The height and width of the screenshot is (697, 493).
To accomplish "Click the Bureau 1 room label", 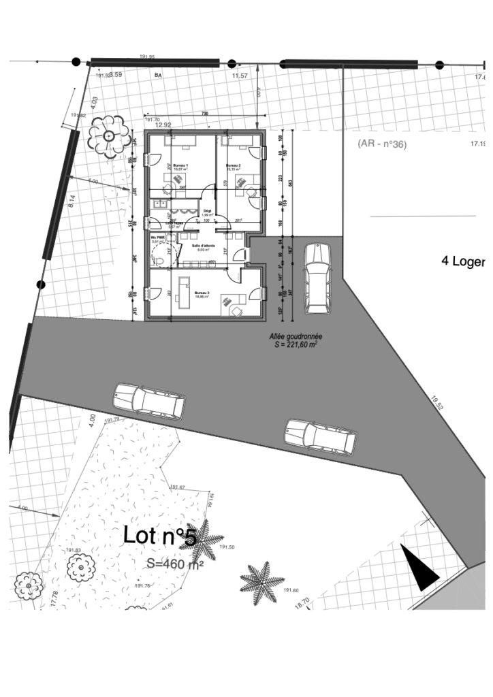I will pyautogui.click(x=180, y=167).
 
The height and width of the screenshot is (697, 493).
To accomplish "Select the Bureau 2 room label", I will pyautogui.click(x=234, y=167).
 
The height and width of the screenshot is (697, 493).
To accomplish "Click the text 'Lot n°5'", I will pyautogui.click(x=160, y=536).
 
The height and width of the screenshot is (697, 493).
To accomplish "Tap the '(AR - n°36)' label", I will pyautogui.click(x=381, y=144).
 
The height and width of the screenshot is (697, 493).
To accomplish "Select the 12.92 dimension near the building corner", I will pyautogui.click(x=163, y=125).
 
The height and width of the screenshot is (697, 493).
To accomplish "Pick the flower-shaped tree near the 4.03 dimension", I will pyautogui.click(x=108, y=136).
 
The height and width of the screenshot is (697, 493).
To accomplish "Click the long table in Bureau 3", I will pyautogui.click(x=183, y=292).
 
